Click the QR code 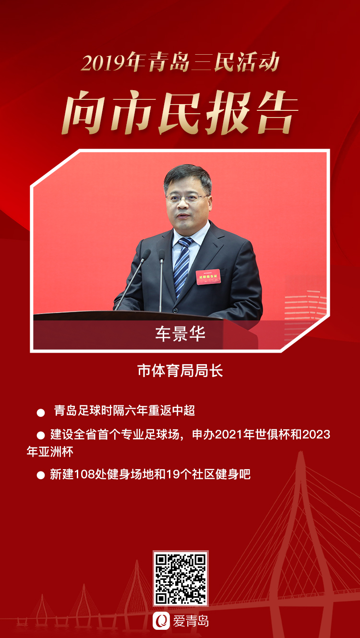tap(180, 578)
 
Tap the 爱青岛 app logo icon tap(161, 621)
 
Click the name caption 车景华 tap(180, 333)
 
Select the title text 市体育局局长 tap(180, 370)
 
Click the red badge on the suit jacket tap(208, 277)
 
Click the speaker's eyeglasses tap(187, 198)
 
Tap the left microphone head tap(146, 254)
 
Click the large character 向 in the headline tap(83, 112)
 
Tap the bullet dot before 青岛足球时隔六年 tap(41, 413)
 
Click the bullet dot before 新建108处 tap(41, 475)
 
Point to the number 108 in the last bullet tap(84, 474)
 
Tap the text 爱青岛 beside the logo tap(191, 621)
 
